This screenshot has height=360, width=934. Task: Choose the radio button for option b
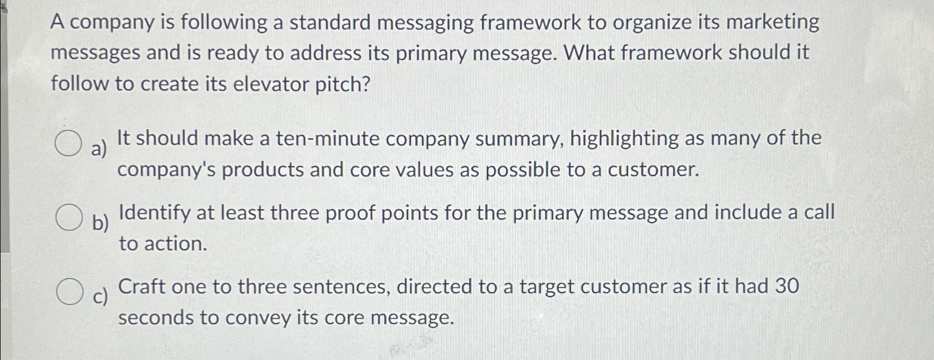click(x=68, y=217)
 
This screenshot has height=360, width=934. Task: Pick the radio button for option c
click(x=69, y=292)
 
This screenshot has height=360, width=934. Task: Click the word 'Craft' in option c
click(x=142, y=287)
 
